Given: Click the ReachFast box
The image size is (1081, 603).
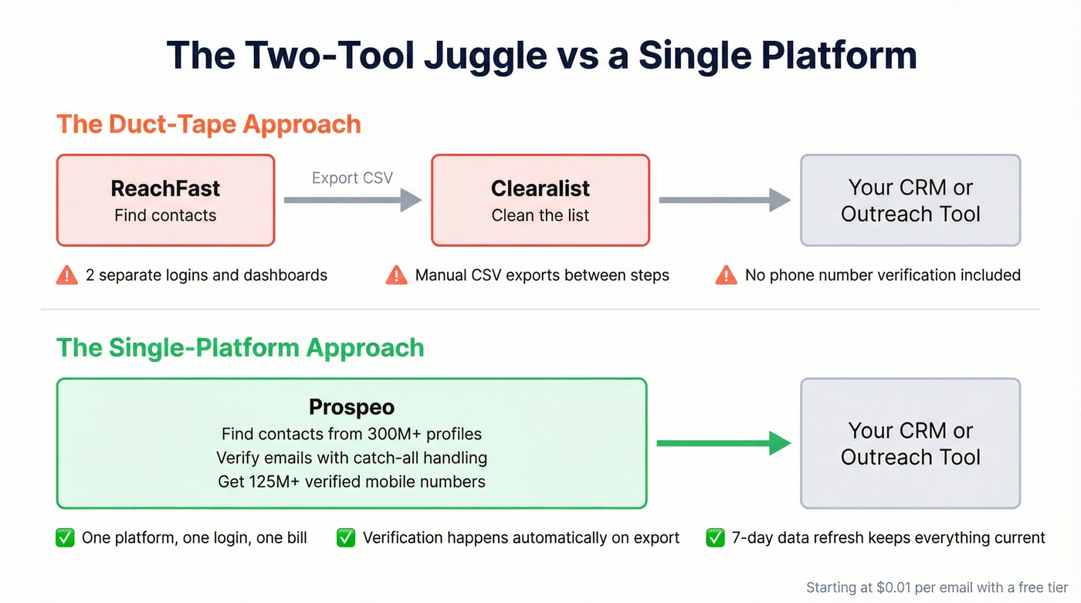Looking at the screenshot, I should click(x=165, y=200).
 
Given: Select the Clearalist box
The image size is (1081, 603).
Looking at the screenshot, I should click(x=540, y=200).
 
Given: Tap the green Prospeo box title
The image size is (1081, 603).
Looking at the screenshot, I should click(x=351, y=407).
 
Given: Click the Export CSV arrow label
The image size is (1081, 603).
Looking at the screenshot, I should click(x=352, y=178).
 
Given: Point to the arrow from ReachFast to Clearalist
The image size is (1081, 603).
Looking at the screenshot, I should click(x=352, y=201).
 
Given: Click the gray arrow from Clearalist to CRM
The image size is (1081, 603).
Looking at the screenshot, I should click(x=724, y=201).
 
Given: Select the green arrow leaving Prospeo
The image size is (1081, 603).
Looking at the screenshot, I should click(x=723, y=443).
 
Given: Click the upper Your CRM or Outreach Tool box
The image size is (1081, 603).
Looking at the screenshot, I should click(x=910, y=200).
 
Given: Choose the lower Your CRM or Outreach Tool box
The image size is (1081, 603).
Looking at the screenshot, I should click(x=910, y=443).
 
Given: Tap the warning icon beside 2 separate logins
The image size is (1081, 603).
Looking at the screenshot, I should click(x=67, y=275).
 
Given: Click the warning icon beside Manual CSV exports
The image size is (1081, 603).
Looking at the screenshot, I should click(x=396, y=275).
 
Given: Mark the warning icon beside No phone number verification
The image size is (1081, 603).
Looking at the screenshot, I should click(x=726, y=275).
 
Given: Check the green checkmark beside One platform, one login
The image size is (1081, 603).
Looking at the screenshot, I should click(x=66, y=537).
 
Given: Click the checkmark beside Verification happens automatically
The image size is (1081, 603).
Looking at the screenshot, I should click(x=346, y=537).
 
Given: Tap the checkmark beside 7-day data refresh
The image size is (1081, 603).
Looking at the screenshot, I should click(x=715, y=537).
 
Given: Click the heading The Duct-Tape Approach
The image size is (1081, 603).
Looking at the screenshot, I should click(x=208, y=124).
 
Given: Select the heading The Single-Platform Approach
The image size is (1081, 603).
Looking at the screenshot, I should click(x=240, y=347).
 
